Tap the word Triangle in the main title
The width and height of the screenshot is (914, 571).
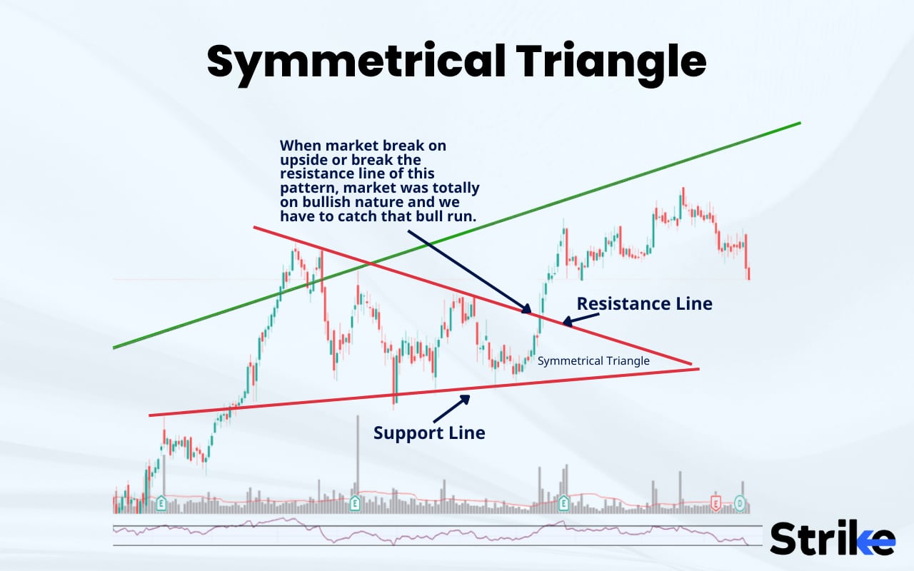pos(611,62)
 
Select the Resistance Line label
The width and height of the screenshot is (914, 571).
pos(644,303)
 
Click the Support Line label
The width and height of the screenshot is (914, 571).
pos(429,433)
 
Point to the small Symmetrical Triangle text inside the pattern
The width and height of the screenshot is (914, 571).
pos(593,361)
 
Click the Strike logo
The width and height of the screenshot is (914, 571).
pos(832,538)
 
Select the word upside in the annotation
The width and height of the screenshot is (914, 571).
pos(306,159)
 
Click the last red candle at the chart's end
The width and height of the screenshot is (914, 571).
pos(748,273)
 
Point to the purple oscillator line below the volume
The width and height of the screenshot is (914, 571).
pos(428,535)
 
